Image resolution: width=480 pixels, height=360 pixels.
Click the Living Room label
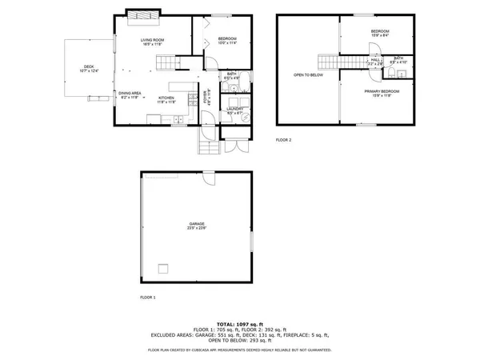tap(152, 42)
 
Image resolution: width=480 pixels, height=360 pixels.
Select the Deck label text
tap(89, 69)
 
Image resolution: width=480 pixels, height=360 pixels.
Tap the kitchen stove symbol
tap(192, 100)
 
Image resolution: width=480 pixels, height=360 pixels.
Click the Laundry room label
tap(235, 110)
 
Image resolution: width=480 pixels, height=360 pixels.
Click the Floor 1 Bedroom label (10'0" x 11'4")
tap(228, 41)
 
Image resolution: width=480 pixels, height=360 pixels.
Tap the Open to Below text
tap(308, 75)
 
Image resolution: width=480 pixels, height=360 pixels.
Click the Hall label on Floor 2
tap(375, 60)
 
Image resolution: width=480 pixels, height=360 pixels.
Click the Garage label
tap(197, 227)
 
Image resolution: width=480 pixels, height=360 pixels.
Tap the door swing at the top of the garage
tap(209, 178)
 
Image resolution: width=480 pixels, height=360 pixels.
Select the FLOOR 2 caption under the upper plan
tap(284, 140)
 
